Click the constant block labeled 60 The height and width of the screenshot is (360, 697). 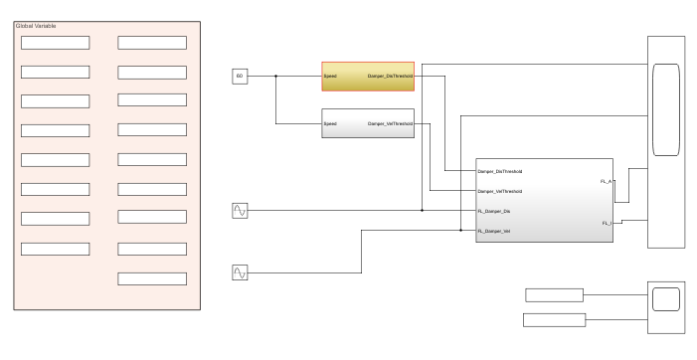239,76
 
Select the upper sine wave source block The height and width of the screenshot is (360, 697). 240,210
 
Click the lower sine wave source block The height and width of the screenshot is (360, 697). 240,271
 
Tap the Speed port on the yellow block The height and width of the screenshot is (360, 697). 330,76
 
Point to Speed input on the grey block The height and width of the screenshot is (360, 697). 330,123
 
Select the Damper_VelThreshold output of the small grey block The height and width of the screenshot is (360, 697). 390,123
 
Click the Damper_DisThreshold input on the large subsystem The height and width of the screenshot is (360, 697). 500,172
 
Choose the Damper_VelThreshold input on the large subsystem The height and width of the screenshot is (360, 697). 500,191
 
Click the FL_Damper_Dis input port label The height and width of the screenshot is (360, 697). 494,211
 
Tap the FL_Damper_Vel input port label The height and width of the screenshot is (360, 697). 494,231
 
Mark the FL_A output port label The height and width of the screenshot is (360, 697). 607,182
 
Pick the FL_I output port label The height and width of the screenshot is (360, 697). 608,224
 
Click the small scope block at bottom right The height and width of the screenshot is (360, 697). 665,299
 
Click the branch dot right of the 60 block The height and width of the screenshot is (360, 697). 276,76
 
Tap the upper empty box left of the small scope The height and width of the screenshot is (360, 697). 555,294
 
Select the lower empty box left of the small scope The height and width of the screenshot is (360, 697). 555,319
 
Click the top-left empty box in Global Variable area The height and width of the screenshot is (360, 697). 56,43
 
